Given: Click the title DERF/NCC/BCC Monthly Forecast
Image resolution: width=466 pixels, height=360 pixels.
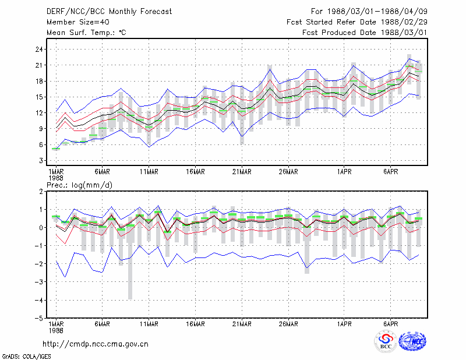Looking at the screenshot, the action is click(x=109, y=12).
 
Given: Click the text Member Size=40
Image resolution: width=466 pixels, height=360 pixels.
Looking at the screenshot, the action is click(x=78, y=22).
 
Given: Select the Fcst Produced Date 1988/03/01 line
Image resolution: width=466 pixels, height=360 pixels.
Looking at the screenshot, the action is click(x=365, y=33).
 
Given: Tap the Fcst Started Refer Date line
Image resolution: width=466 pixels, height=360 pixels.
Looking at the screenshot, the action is click(x=357, y=22).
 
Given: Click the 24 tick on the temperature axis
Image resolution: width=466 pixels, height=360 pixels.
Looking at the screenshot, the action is click(x=39, y=50).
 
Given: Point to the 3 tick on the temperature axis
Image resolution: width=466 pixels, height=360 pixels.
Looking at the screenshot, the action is click(x=41, y=161).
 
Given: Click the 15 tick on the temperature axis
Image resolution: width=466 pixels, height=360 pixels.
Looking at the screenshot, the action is click(x=39, y=97).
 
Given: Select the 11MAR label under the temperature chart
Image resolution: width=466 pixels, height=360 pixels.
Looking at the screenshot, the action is click(x=149, y=172).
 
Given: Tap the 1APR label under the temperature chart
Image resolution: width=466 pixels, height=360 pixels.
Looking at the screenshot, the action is click(x=344, y=172).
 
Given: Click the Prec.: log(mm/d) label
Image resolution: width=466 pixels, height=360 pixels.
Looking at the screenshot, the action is click(x=79, y=185).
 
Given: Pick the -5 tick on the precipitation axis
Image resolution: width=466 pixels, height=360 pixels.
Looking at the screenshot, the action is click(x=38, y=319).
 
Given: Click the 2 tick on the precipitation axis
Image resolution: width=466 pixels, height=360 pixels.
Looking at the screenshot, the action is click(x=41, y=192).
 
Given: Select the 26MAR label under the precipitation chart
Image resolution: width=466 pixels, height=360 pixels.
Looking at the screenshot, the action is click(x=288, y=324).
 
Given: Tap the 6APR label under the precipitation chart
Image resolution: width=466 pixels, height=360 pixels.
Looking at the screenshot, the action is click(x=390, y=324).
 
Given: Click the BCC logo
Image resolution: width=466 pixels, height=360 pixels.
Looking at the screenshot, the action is click(x=386, y=342).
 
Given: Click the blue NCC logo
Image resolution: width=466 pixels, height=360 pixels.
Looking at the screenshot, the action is click(x=412, y=341).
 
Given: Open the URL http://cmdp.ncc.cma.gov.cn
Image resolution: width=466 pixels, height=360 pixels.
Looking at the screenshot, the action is click(x=96, y=344).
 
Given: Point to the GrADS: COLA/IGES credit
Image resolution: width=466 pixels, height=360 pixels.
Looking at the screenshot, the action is click(x=26, y=357).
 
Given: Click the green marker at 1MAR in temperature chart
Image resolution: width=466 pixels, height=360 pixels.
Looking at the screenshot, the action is click(x=56, y=149).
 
